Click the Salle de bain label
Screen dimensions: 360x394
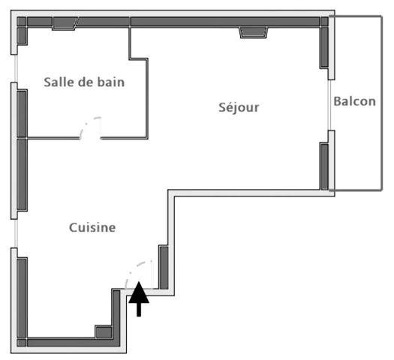[83, 82]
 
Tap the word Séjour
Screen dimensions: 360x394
[239, 107]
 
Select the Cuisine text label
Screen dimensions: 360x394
[92, 227]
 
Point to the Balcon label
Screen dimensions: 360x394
[354, 101]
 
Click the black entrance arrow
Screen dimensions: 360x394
[139, 300]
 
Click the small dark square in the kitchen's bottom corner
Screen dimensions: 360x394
[103, 332]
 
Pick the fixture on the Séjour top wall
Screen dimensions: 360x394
[253, 32]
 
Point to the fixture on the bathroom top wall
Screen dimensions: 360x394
[65, 23]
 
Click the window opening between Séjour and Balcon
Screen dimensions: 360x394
[329, 105]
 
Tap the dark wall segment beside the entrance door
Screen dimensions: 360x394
[164, 266]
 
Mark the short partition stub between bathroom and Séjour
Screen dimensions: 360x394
[131, 41]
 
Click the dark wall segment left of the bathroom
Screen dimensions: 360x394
[22, 112]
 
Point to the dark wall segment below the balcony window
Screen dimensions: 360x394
[324, 165]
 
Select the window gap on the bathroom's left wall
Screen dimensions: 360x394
[15, 69]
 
